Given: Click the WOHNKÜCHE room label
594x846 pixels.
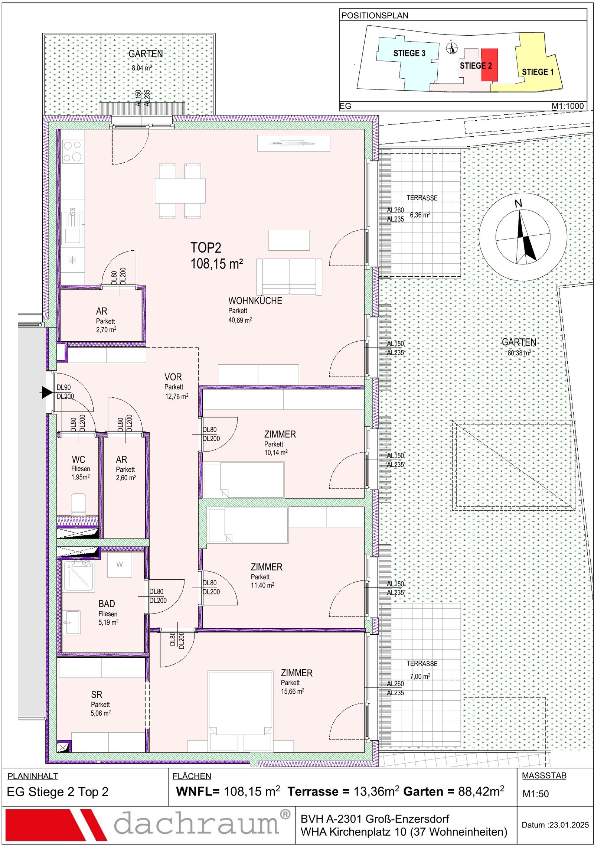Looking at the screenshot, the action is (255, 301).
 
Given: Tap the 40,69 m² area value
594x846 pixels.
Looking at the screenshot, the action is (240, 320).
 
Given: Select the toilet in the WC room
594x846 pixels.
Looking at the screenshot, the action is (78, 504).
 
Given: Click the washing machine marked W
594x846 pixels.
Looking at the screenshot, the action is (120, 565).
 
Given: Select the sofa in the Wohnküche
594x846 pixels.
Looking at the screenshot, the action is (289, 277).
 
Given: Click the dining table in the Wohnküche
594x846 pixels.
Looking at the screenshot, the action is (180, 191).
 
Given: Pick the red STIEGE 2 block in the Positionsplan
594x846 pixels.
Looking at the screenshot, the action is (489, 65).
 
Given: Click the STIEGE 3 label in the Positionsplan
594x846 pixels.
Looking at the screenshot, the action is (409, 53).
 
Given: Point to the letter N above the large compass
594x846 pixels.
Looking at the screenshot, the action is (518, 204).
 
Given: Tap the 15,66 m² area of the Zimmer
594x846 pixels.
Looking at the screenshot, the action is (293, 691).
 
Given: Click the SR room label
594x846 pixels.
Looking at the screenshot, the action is (97, 694).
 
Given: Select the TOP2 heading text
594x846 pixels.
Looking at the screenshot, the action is (206, 248).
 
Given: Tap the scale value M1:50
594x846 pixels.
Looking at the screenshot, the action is (535, 794).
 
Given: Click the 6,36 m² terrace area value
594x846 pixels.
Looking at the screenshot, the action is (420, 215).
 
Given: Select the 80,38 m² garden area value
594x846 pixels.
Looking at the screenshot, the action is (519, 353).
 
